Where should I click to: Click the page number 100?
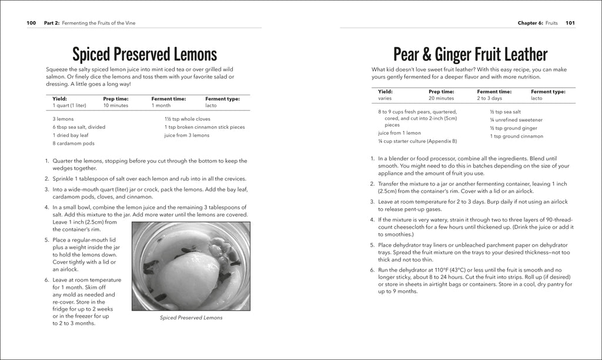pyautogui.click(x=32, y=23)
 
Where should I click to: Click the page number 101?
pyautogui.click(x=570, y=23)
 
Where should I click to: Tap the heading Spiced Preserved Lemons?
pyautogui.click(x=145, y=55)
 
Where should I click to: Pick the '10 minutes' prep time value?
pyautogui.click(x=116, y=105)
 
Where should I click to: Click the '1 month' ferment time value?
pyautogui.click(x=160, y=105)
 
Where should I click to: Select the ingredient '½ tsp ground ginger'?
pyautogui.click(x=513, y=128)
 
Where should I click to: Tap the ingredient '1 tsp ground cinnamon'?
pyautogui.click(x=516, y=136)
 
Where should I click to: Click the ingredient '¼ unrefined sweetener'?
pyautogui.click(x=516, y=119)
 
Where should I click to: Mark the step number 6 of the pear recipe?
pyautogui.click(x=373, y=270)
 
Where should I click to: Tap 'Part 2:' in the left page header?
pyautogui.click(x=52, y=23)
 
